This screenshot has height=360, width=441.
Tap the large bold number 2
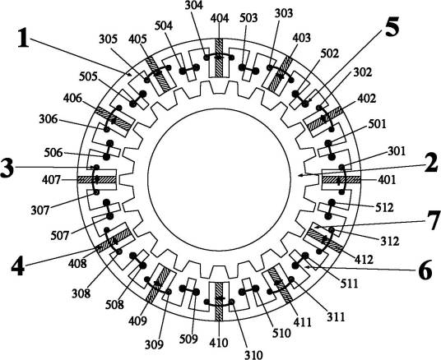point(431,163)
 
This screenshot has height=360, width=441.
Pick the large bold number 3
point(7,168)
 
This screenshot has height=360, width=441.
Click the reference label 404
point(220,19)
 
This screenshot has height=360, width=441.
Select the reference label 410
point(219,343)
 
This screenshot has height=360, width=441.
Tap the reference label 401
point(387,179)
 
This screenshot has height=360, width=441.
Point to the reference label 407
point(52,180)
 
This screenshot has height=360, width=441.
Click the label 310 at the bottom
point(253,355)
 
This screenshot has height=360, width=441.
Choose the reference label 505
point(89,76)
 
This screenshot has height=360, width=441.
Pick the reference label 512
point(384,208)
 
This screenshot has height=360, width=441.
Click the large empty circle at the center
point(219,179)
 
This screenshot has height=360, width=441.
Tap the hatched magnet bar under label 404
point(219,58)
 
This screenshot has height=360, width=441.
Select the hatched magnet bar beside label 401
point(341,179)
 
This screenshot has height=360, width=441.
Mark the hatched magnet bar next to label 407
point(97,179)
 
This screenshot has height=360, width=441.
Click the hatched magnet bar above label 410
point(219,302)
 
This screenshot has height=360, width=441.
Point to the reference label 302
point(363,72)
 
